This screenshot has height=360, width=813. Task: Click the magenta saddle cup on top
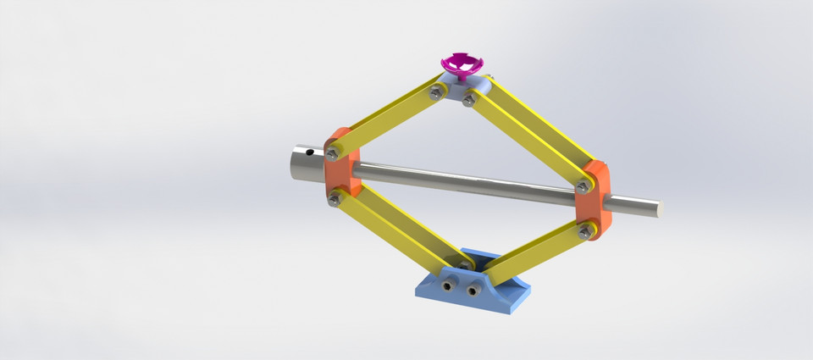tap(462, 64)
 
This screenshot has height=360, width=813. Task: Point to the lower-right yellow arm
tap(534, 250)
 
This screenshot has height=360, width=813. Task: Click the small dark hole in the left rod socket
tap(310, 154)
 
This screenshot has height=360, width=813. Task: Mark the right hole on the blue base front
tap(468, 290)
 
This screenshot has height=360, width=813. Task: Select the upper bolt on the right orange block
tap(582, 186)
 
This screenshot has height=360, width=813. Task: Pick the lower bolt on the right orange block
tap(583, 230)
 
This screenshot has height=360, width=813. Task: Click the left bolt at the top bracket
tap(435, 94)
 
